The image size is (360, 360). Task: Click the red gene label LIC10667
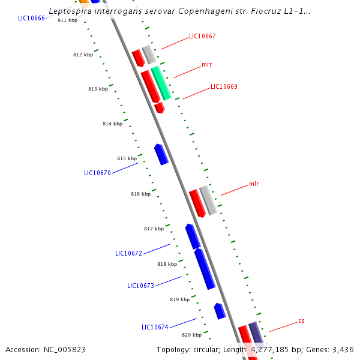[202, 36]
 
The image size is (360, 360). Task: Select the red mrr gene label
[206, 64]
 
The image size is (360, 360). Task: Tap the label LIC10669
[224, 86]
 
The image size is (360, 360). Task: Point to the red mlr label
[254, 184]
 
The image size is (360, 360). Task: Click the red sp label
[301, 321]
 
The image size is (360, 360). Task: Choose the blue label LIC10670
[97, 173]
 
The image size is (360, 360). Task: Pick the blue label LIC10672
[128, 253]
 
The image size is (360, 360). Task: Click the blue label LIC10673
[140, 286]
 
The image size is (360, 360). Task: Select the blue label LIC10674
[155, 327]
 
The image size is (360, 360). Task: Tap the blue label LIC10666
[32, 18]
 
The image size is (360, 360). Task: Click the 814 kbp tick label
[112, 124]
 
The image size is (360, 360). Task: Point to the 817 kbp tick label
[154, 229]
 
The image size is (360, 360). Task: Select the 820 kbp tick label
[191, 335]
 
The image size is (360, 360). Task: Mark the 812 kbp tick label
[83, 55]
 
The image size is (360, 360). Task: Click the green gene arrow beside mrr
[161, 83]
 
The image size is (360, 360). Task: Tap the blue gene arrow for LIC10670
[161, 154]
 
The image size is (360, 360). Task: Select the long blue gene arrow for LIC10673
[205, 268]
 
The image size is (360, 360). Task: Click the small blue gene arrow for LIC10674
[220, 311]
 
